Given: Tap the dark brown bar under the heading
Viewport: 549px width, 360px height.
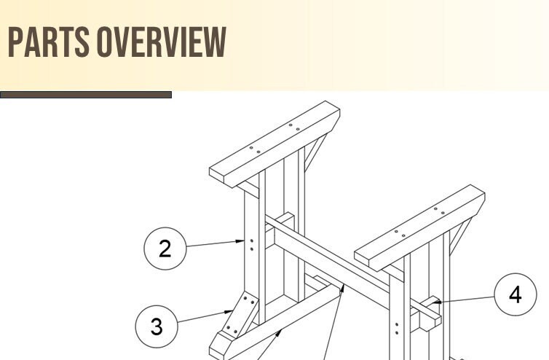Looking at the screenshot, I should click(86, 95).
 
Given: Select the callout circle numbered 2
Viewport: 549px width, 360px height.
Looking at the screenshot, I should click(165, 249).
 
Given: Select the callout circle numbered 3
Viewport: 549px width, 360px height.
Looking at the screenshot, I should click(157, 326).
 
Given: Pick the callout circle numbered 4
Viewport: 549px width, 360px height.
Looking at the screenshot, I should click(516, 295).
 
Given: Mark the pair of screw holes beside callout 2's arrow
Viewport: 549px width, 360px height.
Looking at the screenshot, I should click(251, 244).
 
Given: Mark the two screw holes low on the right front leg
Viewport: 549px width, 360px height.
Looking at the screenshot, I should click(397, 327).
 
